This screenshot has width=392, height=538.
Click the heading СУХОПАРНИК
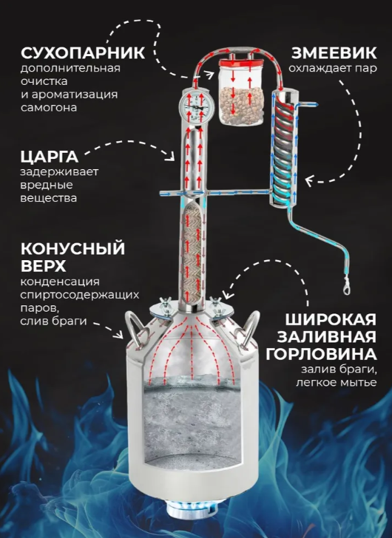click(x=83, y=53)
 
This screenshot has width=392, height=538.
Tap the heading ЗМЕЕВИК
click(x=334, y=53)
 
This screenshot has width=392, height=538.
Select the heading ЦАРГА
click(x=50, y=157)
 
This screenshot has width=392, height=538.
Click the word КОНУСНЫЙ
click(x=72, y=248)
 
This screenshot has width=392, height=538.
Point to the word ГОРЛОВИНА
click(x=321, y=354)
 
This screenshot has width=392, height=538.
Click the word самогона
click(x=48, y=107)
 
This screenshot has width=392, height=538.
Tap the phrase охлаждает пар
click(x=333, y=68)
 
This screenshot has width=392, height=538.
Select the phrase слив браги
click(x=53, y=321)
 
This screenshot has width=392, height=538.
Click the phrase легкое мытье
click(x=337, y=382)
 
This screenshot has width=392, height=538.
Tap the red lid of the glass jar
click(x=242, y=64)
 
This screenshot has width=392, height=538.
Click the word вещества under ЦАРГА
click(x=48, y=198)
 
